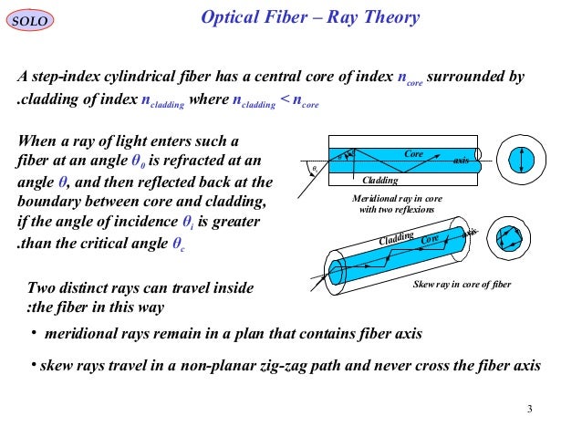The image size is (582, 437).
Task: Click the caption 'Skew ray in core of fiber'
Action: click(x=462, y=285)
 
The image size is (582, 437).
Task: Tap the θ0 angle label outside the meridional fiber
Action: click(x=314, y=169)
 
